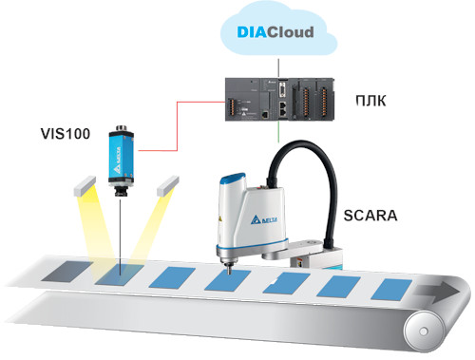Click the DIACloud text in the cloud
(x=275, y=32)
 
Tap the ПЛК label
(x=370, y=101)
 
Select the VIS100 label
(x=66, y=134)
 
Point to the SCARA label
(x=370, y=216)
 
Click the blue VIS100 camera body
(x=121, y=155)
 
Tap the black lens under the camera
(x=121, y=190)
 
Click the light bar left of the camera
(x=85, y=186)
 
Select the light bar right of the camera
(x=168, y=186)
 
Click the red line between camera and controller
(x=177, y=125)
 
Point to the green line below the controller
(x=278, y=132)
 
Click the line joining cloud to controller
(x=278, y=67)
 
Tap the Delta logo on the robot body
(x=264, y=219)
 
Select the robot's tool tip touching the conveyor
(x=227, y=269)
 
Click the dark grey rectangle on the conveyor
(x=66, y=272)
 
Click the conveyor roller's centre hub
(x=424, y=332)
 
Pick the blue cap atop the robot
(x=234, y=178)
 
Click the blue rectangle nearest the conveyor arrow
(x=391, y=289)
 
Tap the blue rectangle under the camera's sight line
(x=120, y=274)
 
